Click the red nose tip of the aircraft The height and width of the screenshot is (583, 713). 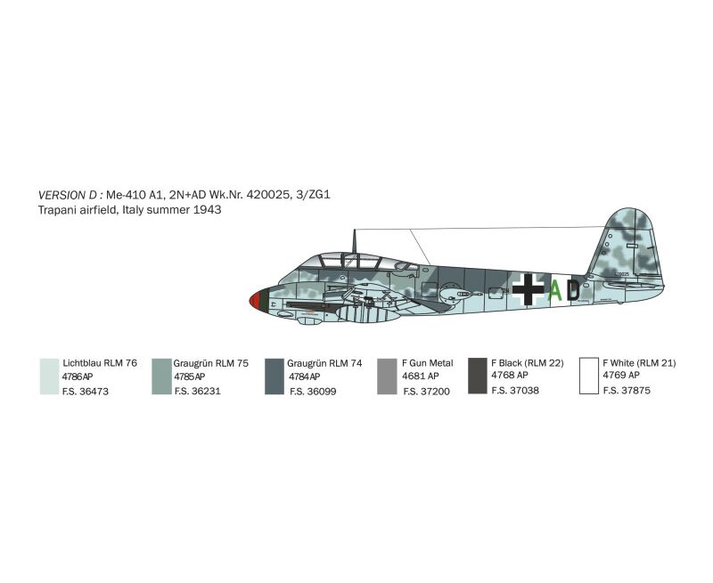point(256,301)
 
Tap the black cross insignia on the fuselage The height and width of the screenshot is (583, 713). point(528,289)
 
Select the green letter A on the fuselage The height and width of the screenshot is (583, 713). point(555,290)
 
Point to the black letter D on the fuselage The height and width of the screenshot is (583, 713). point(573,290)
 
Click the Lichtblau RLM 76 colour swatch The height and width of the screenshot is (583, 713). point(50,377)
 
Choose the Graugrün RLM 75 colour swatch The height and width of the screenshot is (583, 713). point(161,377)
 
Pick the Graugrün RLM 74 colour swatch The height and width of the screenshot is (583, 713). point(275,377)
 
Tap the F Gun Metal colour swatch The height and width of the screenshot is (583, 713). point(387,377)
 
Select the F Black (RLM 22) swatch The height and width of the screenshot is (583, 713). point(478,376)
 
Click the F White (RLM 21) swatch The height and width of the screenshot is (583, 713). point(589,376)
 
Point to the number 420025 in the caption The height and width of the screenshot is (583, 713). point(267,195)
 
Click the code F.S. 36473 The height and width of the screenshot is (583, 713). point(86,392)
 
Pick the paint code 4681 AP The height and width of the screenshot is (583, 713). point(420,376)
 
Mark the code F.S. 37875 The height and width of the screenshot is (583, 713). point(627,391)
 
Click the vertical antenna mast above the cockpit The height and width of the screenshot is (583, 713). point(354,241)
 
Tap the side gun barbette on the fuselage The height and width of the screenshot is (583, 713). point(456,293)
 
